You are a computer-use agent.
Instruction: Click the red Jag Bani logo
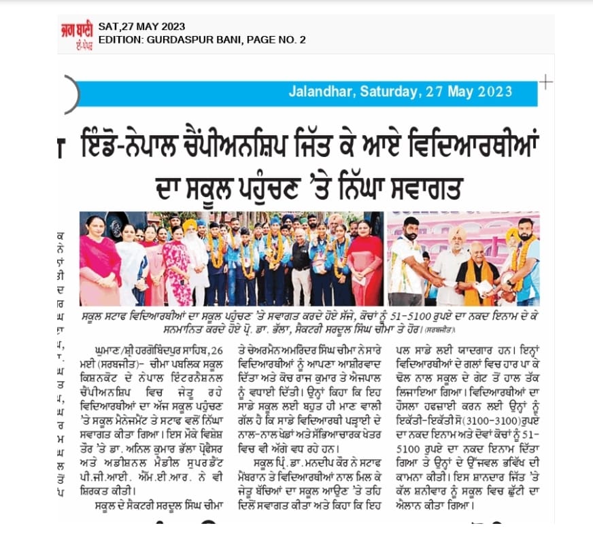[x=75, y=34]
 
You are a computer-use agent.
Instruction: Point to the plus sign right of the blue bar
[x=545, y=82]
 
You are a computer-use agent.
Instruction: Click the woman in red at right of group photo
[x=363, y=262]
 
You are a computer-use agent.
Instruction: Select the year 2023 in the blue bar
[x=499, y=91]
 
